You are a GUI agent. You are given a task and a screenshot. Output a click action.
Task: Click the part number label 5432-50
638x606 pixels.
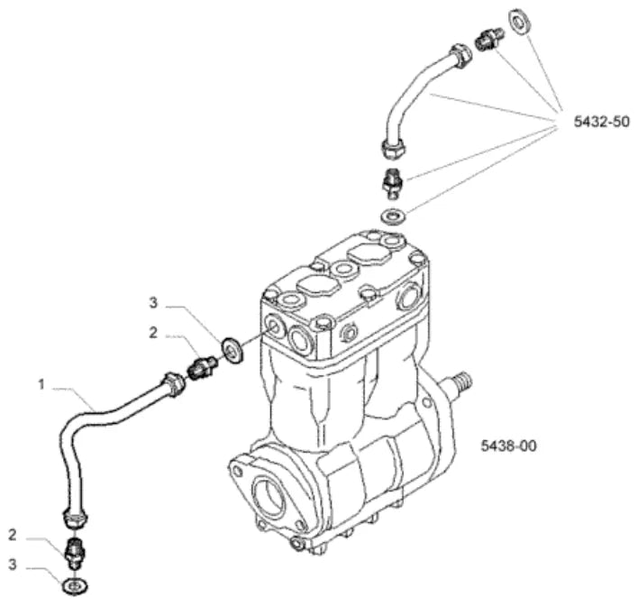tap(601, 122)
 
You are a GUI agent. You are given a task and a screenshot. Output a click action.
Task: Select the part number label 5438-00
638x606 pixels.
tap(508, 445)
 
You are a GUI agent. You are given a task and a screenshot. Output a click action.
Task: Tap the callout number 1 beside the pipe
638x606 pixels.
tap(41, 384)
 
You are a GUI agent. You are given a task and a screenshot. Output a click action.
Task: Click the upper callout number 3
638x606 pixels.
tap(153, 303)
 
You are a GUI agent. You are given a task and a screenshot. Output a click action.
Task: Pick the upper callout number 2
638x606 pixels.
tap(153, 333)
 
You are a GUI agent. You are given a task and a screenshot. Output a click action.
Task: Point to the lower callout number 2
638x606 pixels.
tap(13, 535)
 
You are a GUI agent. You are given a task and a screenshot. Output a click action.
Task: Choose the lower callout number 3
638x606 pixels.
tap(13, 565)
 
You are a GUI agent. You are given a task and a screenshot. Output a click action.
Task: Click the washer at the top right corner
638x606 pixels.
tap(518, 21)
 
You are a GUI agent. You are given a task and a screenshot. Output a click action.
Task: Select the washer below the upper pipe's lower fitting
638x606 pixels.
tap(393, 215)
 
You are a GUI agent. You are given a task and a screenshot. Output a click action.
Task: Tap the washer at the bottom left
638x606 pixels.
tap(75, 586)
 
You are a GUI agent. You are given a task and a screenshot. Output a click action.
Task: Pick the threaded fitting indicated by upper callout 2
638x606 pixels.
tap(202, 365)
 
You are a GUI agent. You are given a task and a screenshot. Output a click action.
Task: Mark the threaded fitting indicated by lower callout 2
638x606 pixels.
tap(75, 554)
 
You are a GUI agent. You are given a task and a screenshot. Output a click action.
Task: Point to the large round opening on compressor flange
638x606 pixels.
tap(269, 495)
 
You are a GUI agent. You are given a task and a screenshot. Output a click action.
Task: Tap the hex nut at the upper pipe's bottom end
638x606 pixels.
tap(394, 149)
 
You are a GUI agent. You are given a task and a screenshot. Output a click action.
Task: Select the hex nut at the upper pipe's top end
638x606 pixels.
tap(460, 55)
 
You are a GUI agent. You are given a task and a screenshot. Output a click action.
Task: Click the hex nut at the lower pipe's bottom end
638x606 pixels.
tap(75, 519)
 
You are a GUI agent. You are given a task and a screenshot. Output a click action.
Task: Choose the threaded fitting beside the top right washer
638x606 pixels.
tap(489, 39)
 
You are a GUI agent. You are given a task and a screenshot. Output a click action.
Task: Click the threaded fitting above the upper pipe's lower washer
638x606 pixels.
tap(392, 184)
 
